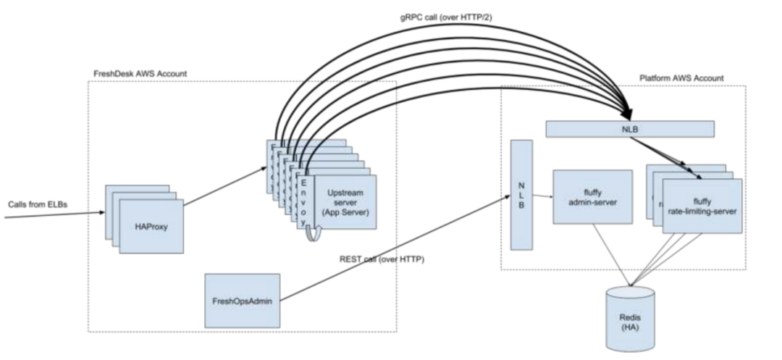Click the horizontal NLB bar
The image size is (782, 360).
629,129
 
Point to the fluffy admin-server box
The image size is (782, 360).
593,196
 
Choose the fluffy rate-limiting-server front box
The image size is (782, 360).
702,206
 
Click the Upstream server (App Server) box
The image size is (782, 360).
345,202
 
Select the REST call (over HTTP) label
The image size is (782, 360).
382,259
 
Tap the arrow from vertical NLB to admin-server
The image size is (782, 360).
542,197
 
